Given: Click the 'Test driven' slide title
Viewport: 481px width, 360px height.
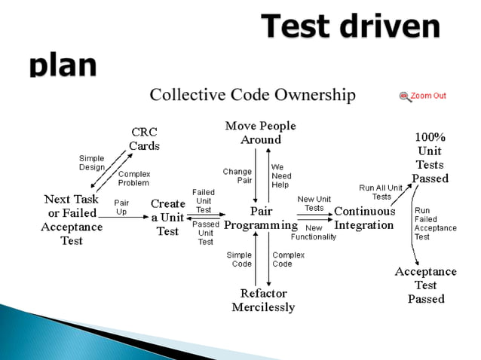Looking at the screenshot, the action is click(x=350, y=28).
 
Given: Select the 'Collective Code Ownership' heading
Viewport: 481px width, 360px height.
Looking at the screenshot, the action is click(x=252, y=95).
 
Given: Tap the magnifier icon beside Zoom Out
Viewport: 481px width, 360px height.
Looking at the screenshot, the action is click(x=405, y=96).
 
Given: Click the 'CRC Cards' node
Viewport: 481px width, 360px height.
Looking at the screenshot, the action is click(x=144, y=139).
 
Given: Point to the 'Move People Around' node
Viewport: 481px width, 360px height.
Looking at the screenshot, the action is click(x=260, y=133).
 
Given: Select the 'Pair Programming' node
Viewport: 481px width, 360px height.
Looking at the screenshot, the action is click(x=261, y=218).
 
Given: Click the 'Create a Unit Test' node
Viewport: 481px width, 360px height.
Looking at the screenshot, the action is click(x=167, y=218).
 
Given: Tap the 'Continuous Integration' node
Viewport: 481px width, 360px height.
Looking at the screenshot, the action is click(x=364, y=218).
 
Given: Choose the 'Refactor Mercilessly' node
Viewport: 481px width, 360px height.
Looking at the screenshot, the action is click(x=262, y=300).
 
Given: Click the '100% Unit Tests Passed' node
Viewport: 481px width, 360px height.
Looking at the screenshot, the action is click(x=430, y=158).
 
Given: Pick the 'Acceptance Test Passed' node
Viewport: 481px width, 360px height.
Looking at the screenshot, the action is click(x=426, y=285).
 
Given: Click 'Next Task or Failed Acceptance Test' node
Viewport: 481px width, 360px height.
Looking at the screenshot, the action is click(x=72, y=220).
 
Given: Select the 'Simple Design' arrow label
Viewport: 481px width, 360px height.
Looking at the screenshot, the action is click(x=92, y=163).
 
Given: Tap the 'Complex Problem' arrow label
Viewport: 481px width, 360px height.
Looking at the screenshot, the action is click(x=133, y=178).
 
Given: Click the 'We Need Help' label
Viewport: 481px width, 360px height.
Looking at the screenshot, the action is click(x=280, y=175).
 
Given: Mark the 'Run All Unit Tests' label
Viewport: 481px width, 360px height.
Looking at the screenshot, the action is click(x=381, y=192).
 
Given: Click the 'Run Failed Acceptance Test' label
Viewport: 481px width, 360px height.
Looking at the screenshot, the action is click(x=435, y=223).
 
